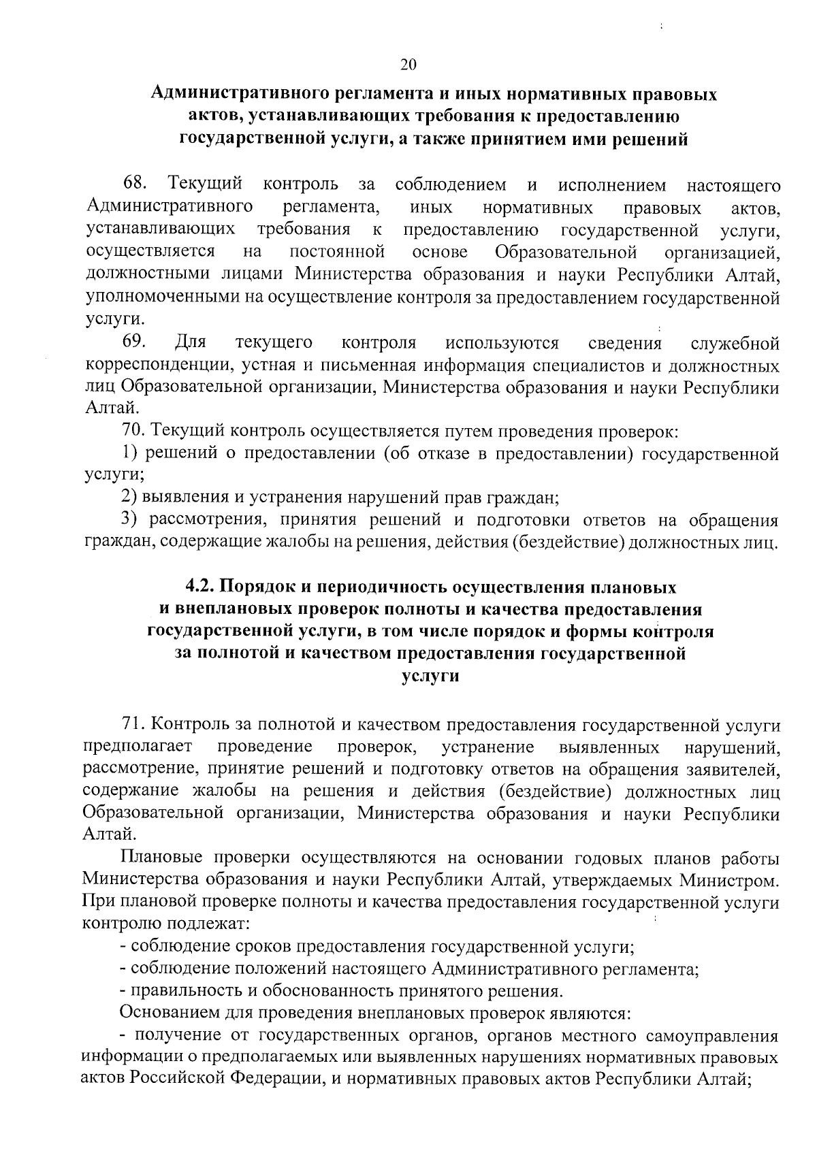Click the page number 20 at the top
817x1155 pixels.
[x=408, y=65]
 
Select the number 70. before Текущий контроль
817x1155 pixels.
[x=133, y=431]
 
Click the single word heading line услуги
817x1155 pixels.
[x=430, y=677]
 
